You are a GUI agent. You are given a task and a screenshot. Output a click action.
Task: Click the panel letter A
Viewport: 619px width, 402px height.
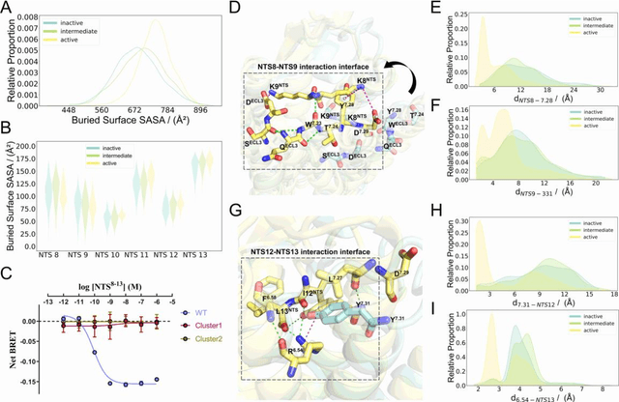(8, 8)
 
